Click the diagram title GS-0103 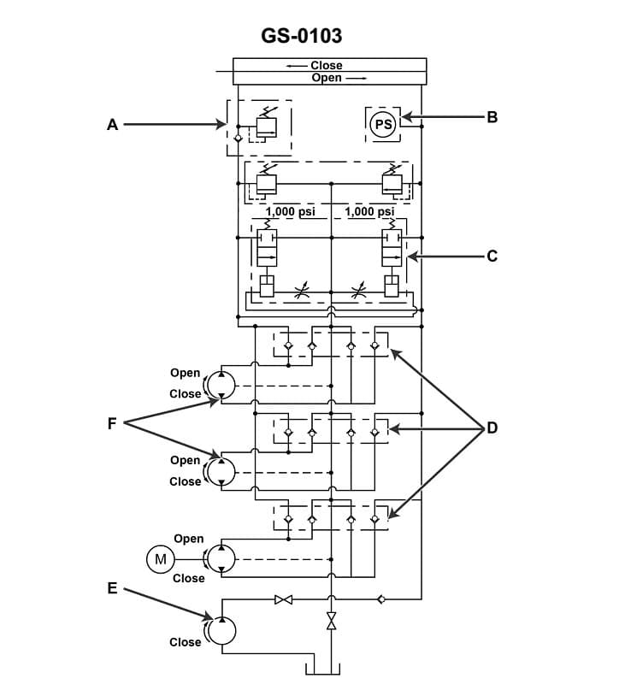click(302, 36)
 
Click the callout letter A click(112, 125)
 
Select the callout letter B click(492, 117)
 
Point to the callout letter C click(492, 256)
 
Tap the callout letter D click(492, 428)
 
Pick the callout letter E click(112, 588)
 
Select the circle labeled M click(159, 560)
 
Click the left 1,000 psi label click(291, 211)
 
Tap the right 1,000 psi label click(369, 211)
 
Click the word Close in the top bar click(326, 65)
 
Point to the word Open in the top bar click(327, 78)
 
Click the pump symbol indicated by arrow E click(222, 630)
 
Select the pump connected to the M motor click(221, 559)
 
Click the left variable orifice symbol click(298, 295)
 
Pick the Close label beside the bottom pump click(185, 642)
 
